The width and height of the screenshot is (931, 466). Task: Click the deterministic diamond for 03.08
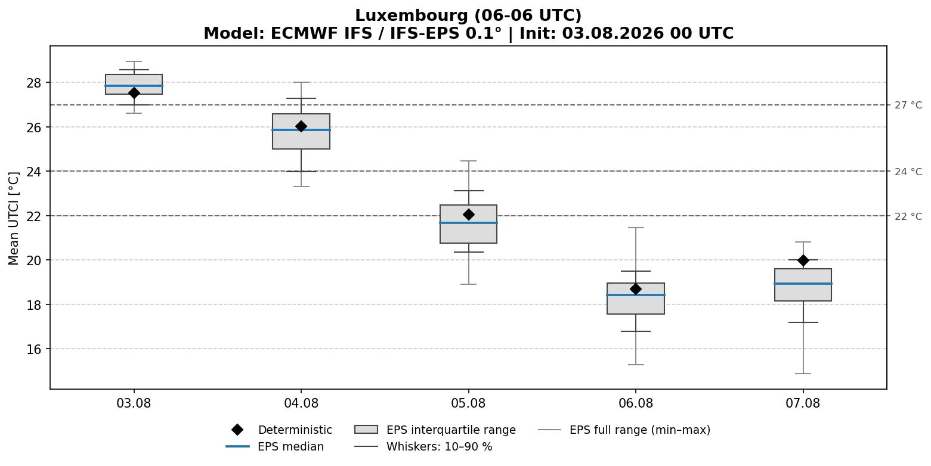pyautogui.click(x=134, y=93)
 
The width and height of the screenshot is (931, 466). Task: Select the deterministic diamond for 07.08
pyautogui.click(x=803, y=260)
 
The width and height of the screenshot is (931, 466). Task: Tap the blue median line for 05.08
pyautogui.click(x=468, y=223)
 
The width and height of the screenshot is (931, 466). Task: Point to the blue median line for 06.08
pyautogui.click(x=636, y=295)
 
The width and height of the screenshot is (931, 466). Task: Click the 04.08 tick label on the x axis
pyautogui.click(x=301, y=403)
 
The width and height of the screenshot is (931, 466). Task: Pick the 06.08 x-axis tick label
pyautogui.click(x=636, y=403)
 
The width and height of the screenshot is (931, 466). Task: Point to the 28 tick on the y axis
pyautogui.click(x=34, y=83)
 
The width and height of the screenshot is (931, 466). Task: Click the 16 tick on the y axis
pyautogui.click(x=34, y=349)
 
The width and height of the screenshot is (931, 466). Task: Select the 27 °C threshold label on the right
pyautogui.click(x=908, y=105)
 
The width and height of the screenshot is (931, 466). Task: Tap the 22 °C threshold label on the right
pyautogui.click(x=908, y=216)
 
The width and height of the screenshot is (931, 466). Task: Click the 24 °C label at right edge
pyautogui.click(x=908, y=172)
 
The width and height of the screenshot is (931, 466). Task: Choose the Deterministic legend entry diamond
pyautogui.click(x=237, y=430)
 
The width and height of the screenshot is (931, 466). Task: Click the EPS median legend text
pyautogui.click(x=290, y=446)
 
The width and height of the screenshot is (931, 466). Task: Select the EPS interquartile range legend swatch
pyautogui.click(x=366, y=430)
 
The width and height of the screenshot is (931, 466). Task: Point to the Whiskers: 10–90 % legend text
pyautogui.click(x=440, y=446)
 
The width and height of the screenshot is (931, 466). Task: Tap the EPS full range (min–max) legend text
pyautogui.click(x=640, y=430)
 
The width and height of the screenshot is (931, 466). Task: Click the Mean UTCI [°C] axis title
pyautogui.click(x=14, y=219)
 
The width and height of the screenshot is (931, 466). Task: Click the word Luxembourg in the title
pyautogui.click(x=412, y=15)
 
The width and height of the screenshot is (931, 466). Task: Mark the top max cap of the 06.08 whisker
pyautogui.click(x=636, y=228)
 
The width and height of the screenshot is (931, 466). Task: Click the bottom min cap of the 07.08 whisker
pyautogui.click(x=803, y=374)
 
